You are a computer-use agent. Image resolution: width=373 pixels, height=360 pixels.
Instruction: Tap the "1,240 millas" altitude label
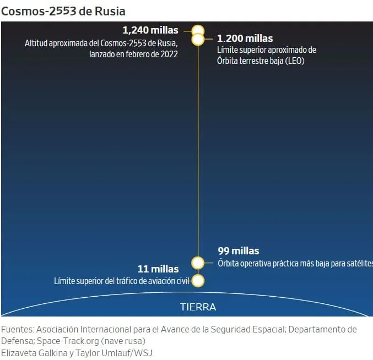click(150, 30)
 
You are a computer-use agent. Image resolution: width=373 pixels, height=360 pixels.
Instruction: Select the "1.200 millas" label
click(245, 39)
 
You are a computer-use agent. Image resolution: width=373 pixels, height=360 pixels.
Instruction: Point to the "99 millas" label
click(238, 251)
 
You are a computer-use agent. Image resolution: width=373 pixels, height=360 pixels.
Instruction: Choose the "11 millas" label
click(158, 269)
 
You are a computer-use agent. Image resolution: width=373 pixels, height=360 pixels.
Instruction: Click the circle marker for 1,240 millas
click(198, 30)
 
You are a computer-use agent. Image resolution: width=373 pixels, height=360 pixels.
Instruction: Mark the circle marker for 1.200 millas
click(198, 39)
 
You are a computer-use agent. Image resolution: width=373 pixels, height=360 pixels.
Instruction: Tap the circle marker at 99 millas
click(198, 262)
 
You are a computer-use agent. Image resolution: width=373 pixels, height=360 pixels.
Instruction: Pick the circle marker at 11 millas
click(198, 281)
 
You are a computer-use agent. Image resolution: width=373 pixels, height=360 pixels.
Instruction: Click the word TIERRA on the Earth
click(198, 307)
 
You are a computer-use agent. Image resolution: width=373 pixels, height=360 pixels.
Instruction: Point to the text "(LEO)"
click(292, 61)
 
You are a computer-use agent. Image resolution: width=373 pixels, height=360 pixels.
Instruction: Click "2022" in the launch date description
click(167, 54)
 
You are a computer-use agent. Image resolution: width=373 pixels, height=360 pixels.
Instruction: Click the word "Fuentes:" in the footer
click(17, 329)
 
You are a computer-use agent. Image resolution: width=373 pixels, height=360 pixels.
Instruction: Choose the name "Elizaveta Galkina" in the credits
click(34, 353)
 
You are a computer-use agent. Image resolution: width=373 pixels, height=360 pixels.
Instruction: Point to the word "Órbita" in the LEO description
click(230, 61)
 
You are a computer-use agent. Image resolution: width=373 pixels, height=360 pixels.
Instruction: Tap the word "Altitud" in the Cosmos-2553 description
click(37, 43)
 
